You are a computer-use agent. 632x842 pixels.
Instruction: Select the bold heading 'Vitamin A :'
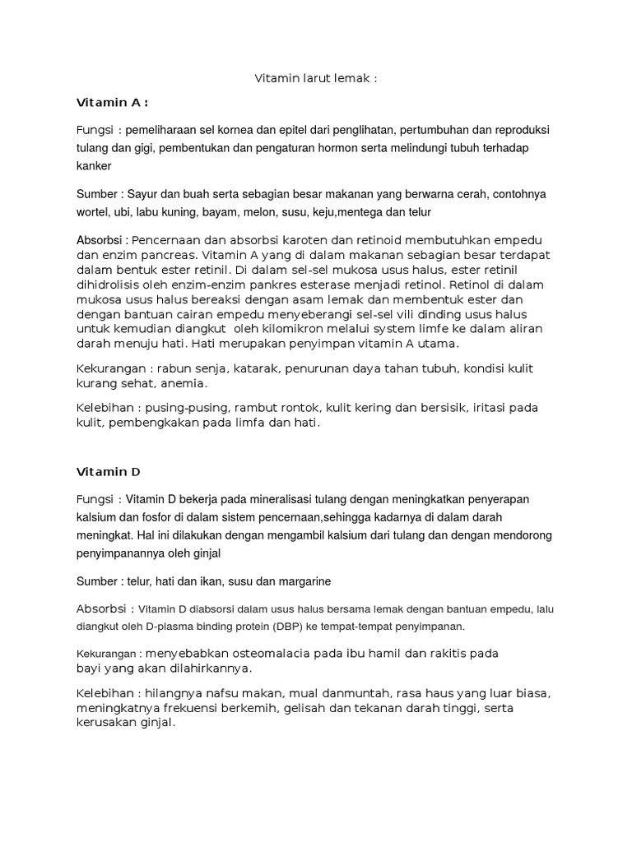pos(112,103)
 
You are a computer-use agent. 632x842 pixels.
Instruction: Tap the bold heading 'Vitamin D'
pos(109,472)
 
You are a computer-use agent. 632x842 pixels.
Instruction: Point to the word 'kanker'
pos(94,165)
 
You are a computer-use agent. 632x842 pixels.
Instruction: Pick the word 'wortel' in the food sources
pos(93,211)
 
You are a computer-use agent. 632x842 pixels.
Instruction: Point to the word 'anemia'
pos(184,383)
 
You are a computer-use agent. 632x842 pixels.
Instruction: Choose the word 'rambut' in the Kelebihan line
pos(253,408)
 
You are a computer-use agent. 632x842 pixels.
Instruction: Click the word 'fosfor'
pos(163,516)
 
